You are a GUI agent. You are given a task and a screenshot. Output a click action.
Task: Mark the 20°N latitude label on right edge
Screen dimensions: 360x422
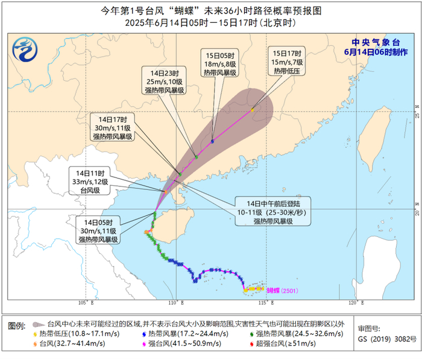point(417,211)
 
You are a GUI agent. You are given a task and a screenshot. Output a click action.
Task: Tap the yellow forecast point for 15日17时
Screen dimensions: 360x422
point(253,110)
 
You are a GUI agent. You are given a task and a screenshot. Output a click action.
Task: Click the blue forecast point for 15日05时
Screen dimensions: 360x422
point(213,141)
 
